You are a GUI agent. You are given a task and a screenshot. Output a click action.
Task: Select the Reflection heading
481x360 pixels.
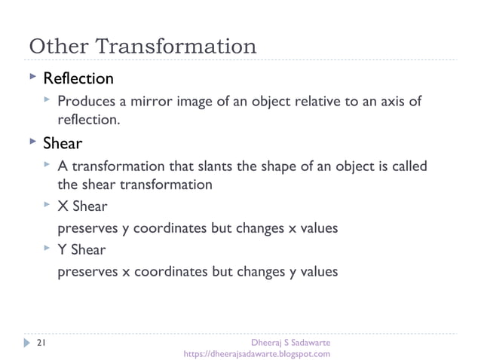pyautogui.click(x=78, y=78)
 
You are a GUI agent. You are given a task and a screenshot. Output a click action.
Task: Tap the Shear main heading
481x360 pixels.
pyautogui.click(x=62, y=142)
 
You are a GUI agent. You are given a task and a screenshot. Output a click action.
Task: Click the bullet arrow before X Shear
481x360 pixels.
pyautogui.click(x=47, y=206)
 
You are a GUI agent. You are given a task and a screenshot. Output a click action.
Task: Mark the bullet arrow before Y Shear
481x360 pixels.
pyautogui.click(x=47, y=249)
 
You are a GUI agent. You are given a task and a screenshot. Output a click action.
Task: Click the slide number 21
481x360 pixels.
pyautogui.click(x=40, y=343)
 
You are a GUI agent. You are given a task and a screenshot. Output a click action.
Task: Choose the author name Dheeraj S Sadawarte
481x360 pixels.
pyautogui.click(x=286, y=343)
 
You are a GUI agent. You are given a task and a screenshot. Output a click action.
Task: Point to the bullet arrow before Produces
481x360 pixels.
pyautogui.click(x=47, y=100)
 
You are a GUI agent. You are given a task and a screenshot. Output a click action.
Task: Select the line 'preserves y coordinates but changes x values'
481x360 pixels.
pyautogui.click(x=198, y=228)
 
